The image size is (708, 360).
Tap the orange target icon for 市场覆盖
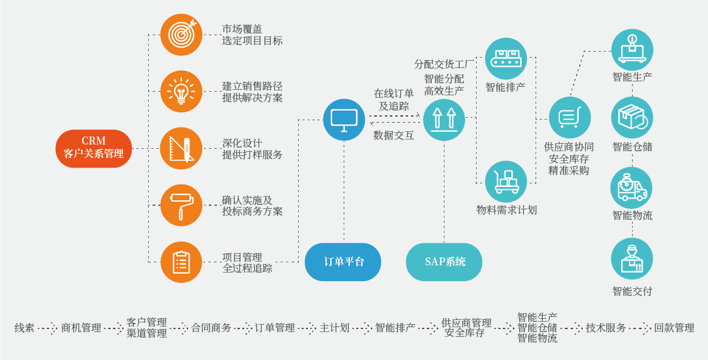coord(182,35)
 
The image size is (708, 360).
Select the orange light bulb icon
coord(182,91)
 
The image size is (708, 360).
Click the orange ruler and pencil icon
coord(182,148)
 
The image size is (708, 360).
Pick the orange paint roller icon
coord(182,205)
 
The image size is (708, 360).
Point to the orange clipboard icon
coord(182,262)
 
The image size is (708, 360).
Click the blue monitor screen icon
coord(344,120)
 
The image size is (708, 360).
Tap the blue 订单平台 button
coord(343,262)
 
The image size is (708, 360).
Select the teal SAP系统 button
coord(444,262)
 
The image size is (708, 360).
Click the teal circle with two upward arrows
coord(444,120)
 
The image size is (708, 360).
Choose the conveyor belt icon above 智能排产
coord(506,59)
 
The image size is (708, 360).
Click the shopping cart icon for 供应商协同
coord(570,118)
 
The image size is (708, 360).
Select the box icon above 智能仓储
coord(632,118)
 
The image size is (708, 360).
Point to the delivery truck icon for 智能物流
coord(632,188)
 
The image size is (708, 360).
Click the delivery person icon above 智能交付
coord(632,259)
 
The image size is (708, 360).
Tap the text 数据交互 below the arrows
coord(393,135)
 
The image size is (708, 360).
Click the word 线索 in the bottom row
coord(24,328)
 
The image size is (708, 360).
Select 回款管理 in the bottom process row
coord(674,328)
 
